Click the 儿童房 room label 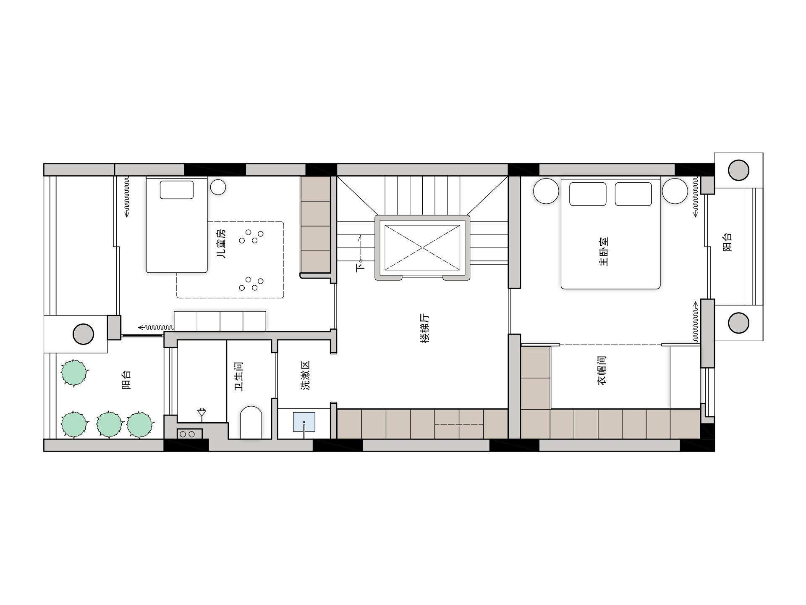[221, 244]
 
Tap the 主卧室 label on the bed [604, 252]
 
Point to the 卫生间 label [239, 376]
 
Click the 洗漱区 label [306, 376]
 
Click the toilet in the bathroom [251, 422]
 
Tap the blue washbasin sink [304, 422]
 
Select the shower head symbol [202, 414]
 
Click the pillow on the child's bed [177, 190]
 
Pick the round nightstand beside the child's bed [218, 187]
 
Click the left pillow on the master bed [588, 194]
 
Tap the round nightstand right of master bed [675, 191]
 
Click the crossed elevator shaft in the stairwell [422, 247]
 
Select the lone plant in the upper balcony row [74, 373]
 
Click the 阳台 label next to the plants [126, 380]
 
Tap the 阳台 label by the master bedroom [727, 242]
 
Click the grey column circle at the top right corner [738, 170]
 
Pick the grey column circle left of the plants [84, 334]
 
